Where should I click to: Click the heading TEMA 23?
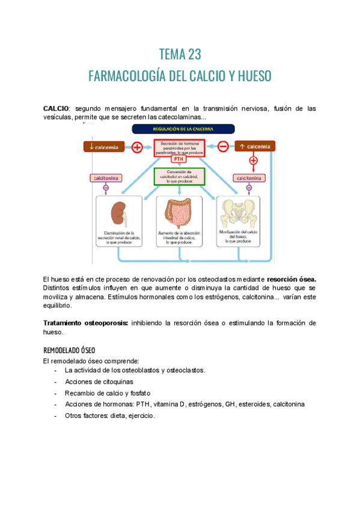tap(180, 54)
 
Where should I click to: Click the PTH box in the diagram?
tap(179, 159)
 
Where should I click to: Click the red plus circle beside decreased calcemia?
tap(136, 146)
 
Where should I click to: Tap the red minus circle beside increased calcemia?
tap(222, 146)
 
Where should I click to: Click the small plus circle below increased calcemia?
tap(253, 161)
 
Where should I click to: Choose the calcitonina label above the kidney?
tap(106, 178)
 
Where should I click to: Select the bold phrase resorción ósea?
tap(291, 279)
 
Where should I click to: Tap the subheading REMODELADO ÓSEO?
tap(69, 350)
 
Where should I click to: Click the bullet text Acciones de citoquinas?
tap(99, 381)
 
